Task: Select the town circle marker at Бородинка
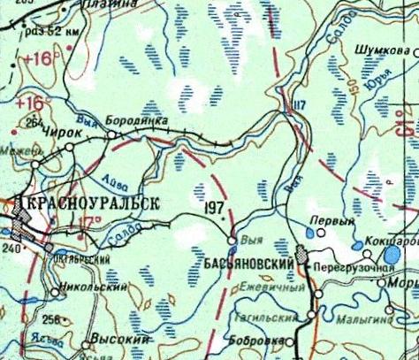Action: click(x=112, y=134)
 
